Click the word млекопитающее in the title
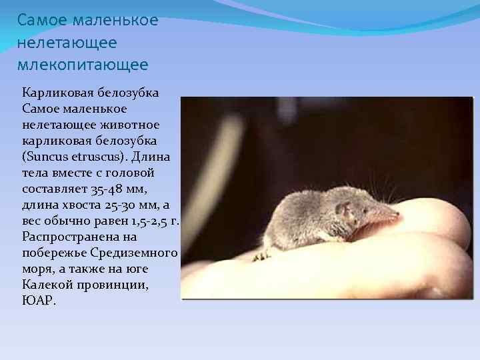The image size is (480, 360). [x=83, y=65]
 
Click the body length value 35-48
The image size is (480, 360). [x=99, y=189]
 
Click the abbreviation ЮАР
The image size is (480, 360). [x=38, y=301]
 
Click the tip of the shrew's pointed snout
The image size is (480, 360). [x=398, y=215]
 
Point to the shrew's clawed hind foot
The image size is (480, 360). [x=261, y=255]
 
